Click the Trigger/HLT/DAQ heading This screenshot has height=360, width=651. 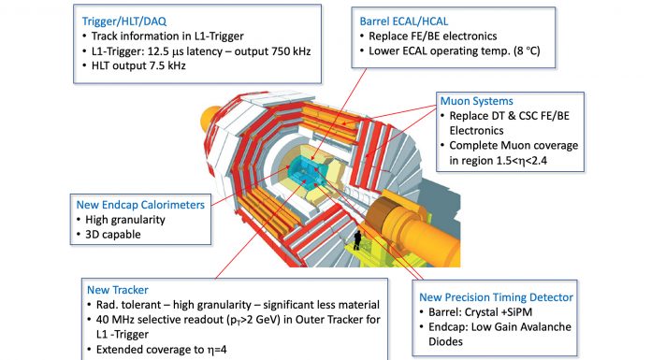click(124, 22)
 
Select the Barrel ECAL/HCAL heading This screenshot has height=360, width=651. click(404, 22)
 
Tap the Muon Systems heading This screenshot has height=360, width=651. click(477, 101)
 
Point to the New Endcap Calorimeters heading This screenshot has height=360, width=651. click(140, 205)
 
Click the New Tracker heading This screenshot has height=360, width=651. click(118, 290)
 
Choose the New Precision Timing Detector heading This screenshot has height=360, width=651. click(496, 297)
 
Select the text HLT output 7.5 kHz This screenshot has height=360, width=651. click(138, 65)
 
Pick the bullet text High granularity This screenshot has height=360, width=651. click(125, 220)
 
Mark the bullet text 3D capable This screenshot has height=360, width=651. click(113, 235)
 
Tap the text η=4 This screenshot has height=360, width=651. click(217, 350)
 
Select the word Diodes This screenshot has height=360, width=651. click(445, 341)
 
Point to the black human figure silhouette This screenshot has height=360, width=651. click(357, 240)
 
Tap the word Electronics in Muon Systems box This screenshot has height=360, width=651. click(476, 131)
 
